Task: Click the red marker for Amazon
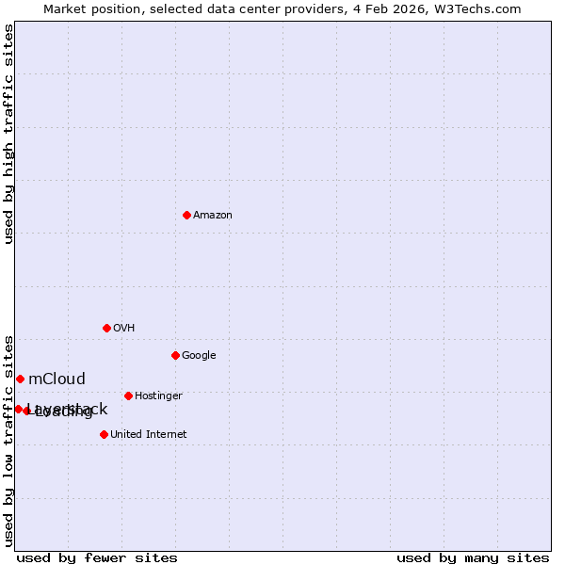[186, 216]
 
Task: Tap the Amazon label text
[213, 216]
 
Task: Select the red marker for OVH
[106, 328]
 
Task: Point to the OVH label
[123, 328]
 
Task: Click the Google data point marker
[175, 355]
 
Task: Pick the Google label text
[199, 355]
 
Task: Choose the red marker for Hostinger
[128, 395]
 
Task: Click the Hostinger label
[158, 395]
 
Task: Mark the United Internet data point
[104, 434]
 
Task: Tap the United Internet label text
[148, 434]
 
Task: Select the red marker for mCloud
[20, 379]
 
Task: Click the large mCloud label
[56, 379]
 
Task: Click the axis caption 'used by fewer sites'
[97, 557]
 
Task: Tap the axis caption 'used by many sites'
[473, 557]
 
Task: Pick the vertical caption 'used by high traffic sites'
[8, 134]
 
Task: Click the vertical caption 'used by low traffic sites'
[8, 440]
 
